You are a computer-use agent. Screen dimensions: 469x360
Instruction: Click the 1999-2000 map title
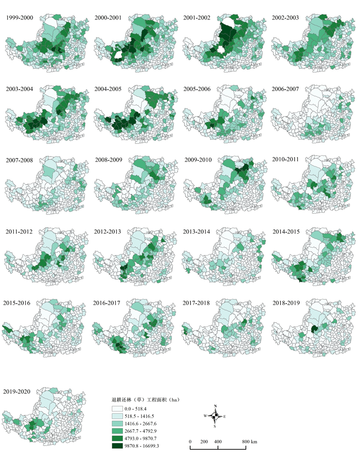tap(19, 18)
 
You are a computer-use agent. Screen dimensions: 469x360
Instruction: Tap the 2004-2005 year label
tap(109, 89)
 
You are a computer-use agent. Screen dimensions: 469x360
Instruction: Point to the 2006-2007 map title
tap(286, 89)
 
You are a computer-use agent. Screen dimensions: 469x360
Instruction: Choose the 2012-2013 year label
tap(109, 231)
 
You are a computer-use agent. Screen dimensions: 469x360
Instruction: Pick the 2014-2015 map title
tap(286, 231)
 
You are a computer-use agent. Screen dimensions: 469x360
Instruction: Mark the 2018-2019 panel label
tap(286, 303)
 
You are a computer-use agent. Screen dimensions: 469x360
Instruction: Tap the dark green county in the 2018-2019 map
tap(315, 330)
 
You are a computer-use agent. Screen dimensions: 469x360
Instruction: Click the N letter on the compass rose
tap(215, 406)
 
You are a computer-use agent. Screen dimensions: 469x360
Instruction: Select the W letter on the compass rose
tap(205, 416)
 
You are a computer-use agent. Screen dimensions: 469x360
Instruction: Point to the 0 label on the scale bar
tap(190, 441)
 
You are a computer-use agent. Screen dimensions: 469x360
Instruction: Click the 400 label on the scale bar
tap(218, 441)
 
